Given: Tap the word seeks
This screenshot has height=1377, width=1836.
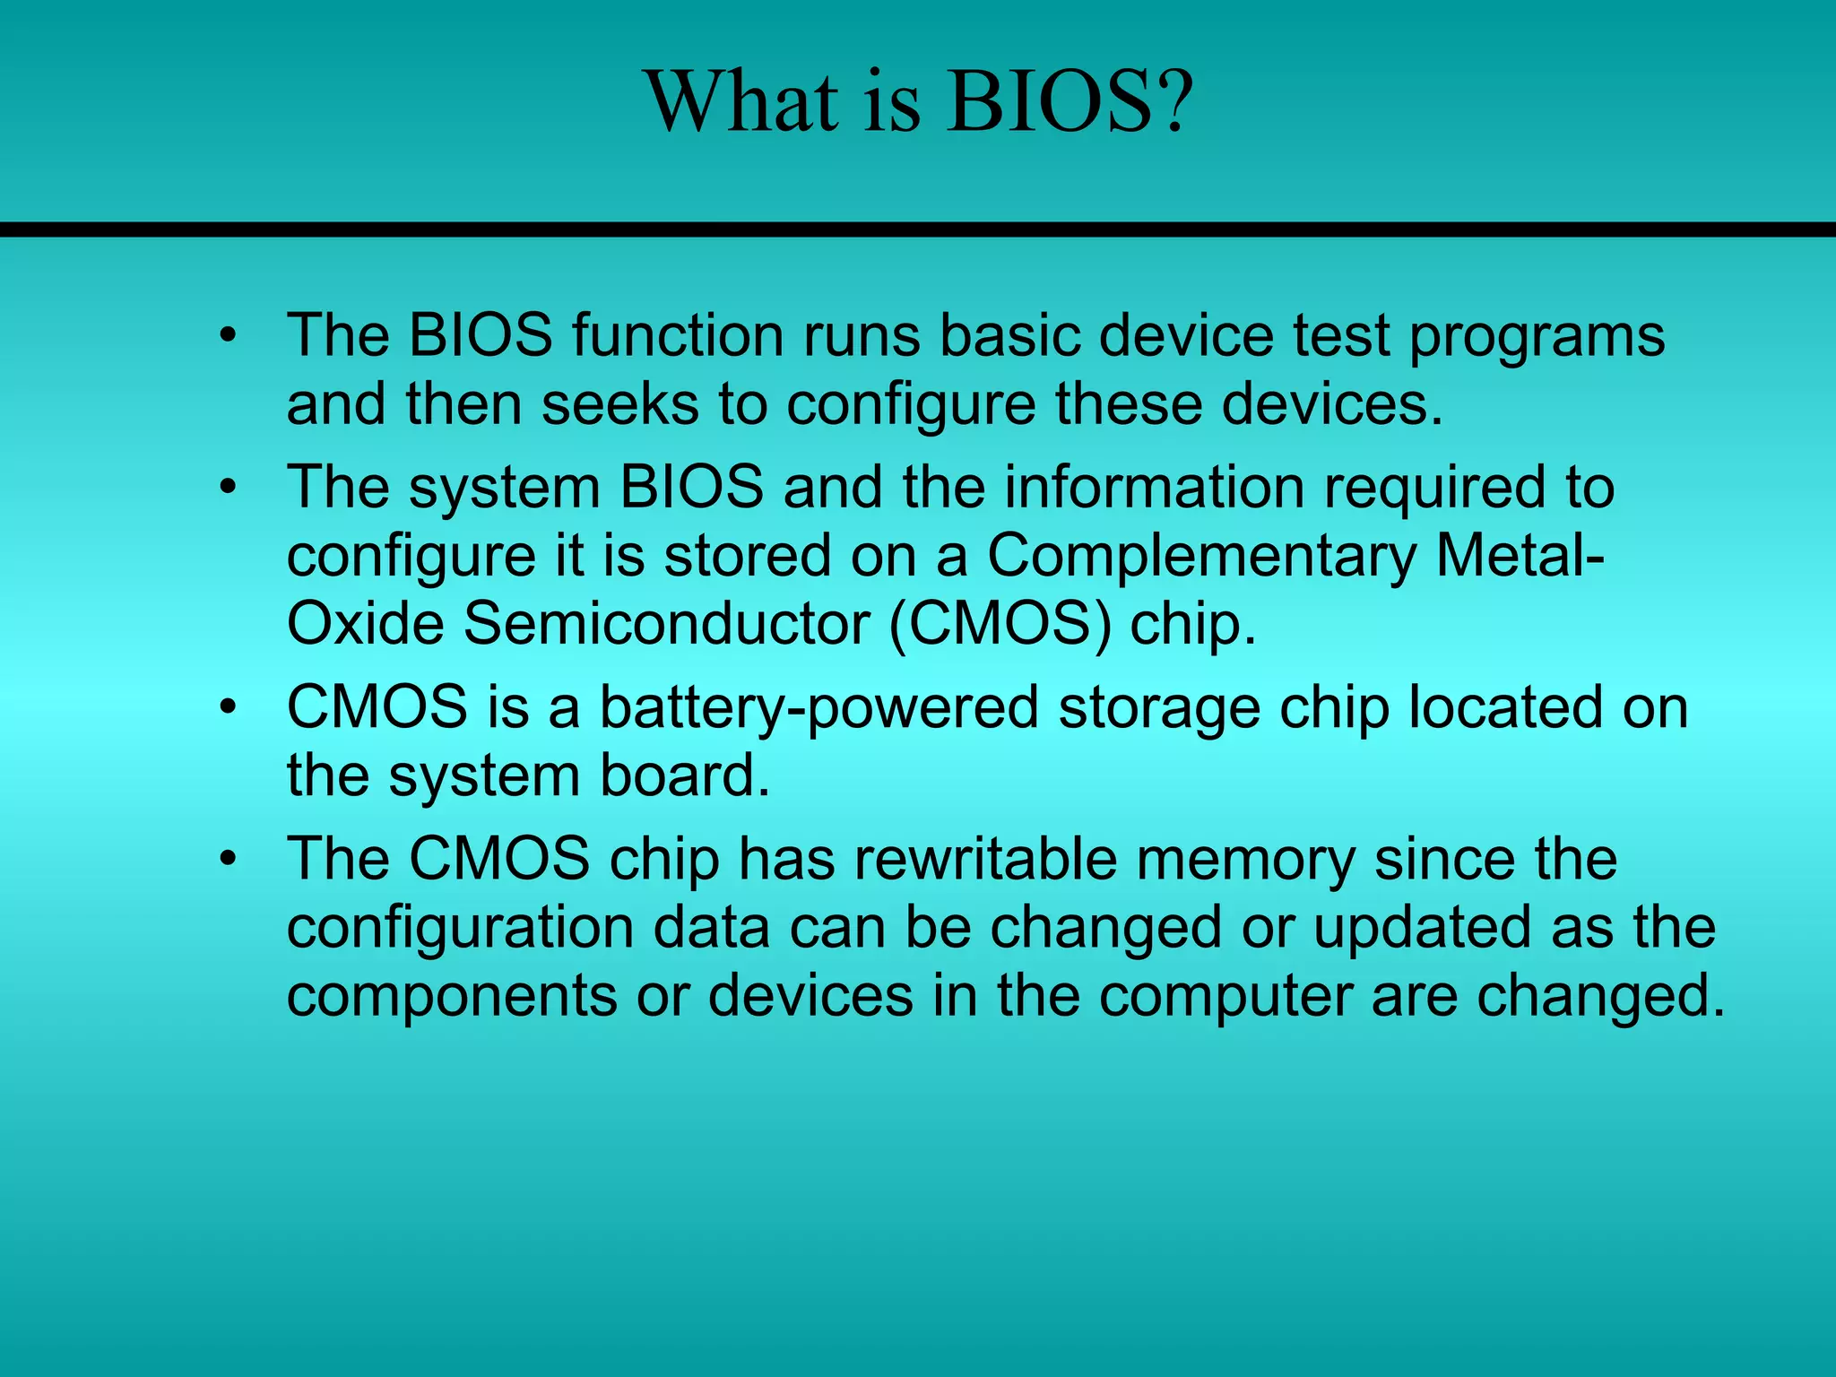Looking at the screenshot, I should pos(619,403).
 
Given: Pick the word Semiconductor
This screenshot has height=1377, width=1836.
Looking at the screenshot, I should pos(666,624).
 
